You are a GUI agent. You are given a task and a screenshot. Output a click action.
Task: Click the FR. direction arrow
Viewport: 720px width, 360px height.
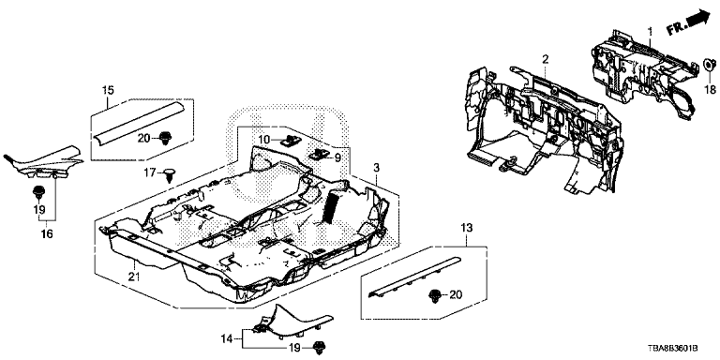click(689, 22)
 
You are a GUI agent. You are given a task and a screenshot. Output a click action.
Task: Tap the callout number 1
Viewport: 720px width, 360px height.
click(650, 31)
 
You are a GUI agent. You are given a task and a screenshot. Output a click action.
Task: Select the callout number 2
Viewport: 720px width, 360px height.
click(545, 59)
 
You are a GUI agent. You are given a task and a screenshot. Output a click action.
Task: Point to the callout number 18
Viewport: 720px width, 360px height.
click(711, 89)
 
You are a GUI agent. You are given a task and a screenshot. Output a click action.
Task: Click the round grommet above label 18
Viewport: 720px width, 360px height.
click(709, 66)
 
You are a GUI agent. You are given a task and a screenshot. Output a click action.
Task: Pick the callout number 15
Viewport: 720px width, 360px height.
click(108, 90)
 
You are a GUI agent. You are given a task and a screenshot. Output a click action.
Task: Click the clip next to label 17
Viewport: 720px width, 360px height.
click(171, 175)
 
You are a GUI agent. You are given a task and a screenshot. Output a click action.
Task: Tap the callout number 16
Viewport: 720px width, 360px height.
click(46, 234)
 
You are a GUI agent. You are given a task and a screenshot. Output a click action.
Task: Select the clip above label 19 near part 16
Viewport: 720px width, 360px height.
click(38, 191)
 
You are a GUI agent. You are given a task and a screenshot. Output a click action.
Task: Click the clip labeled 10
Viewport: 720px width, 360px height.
click(289, 140)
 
